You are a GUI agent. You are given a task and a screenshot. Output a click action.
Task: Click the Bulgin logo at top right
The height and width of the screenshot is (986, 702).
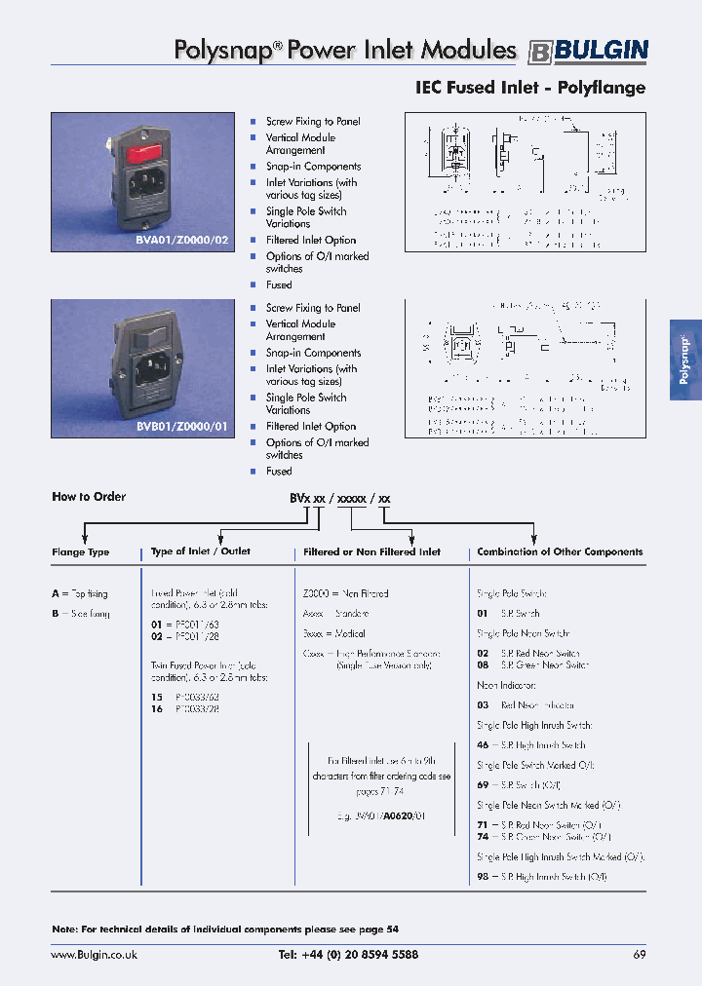(x=588, y=51)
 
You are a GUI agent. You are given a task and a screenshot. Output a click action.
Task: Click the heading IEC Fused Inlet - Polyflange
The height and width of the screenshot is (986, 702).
(x=530, y=88)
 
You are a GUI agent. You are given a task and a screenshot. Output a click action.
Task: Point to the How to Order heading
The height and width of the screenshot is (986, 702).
(x=89, y=497)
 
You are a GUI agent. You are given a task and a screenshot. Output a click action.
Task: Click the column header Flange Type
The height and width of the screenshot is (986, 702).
(x=81, y=552)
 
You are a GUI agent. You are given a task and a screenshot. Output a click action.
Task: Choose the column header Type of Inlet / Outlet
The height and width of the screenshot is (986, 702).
(x=201, y=551)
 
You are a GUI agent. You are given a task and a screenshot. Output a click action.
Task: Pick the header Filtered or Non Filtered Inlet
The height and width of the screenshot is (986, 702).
(x=372, y=552)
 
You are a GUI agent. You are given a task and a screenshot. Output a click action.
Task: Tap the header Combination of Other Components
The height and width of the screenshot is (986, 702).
(x=560, y=551)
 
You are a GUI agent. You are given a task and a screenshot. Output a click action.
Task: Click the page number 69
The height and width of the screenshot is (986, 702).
(x=640, y=955)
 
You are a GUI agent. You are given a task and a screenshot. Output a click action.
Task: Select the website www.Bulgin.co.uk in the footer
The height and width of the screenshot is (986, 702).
(x=95, y=955)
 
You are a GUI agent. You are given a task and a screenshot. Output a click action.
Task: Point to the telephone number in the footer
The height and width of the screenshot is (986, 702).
(x=348, y=955)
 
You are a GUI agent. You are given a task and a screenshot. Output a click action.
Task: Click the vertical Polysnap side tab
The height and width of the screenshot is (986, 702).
(x=684, y=360)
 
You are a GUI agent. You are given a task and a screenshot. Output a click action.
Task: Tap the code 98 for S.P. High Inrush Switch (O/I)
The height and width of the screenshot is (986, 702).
(x=482, y=877)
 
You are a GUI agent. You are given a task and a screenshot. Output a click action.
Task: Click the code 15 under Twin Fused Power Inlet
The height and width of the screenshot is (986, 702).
(x=156, y=698)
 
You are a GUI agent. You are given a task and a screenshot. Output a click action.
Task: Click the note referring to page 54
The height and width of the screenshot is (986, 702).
(x=225, y=929)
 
